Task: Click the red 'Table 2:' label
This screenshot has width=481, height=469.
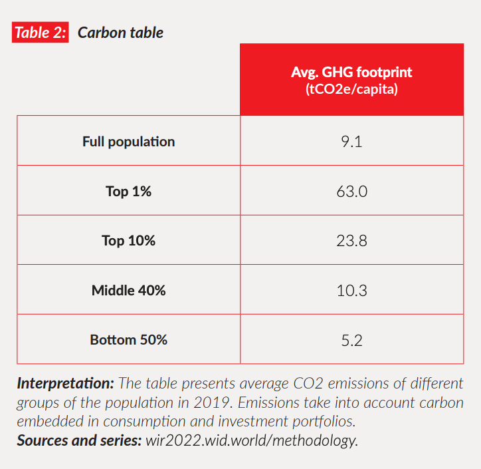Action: (40, 32)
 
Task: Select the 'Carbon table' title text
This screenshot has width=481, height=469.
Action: (120, 33)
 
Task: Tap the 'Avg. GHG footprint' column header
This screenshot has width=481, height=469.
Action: (351, 72)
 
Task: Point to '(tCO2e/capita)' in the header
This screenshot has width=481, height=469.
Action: (351, 89)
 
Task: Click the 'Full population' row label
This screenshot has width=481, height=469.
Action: (128, 142)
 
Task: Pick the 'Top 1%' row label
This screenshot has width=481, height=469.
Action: (128, 192)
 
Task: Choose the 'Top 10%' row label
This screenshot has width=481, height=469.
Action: (128, 241)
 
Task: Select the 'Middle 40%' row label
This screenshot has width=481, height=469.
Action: (128, 290)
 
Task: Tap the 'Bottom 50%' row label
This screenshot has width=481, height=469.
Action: (128, 340)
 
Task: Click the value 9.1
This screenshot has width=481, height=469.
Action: (351, 142)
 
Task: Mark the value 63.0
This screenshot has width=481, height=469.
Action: (352, 192)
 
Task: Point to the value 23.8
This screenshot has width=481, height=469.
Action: (351, 241)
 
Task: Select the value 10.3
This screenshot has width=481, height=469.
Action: (351, 290)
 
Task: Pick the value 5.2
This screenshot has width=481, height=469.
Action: (352, 341)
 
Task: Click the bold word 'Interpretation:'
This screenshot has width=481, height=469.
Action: (66, 384)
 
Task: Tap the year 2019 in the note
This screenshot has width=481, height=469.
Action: (211, 402)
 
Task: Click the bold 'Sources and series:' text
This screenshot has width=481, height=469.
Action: (79, 440)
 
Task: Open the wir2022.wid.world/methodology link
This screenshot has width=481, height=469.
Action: (252, 441)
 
